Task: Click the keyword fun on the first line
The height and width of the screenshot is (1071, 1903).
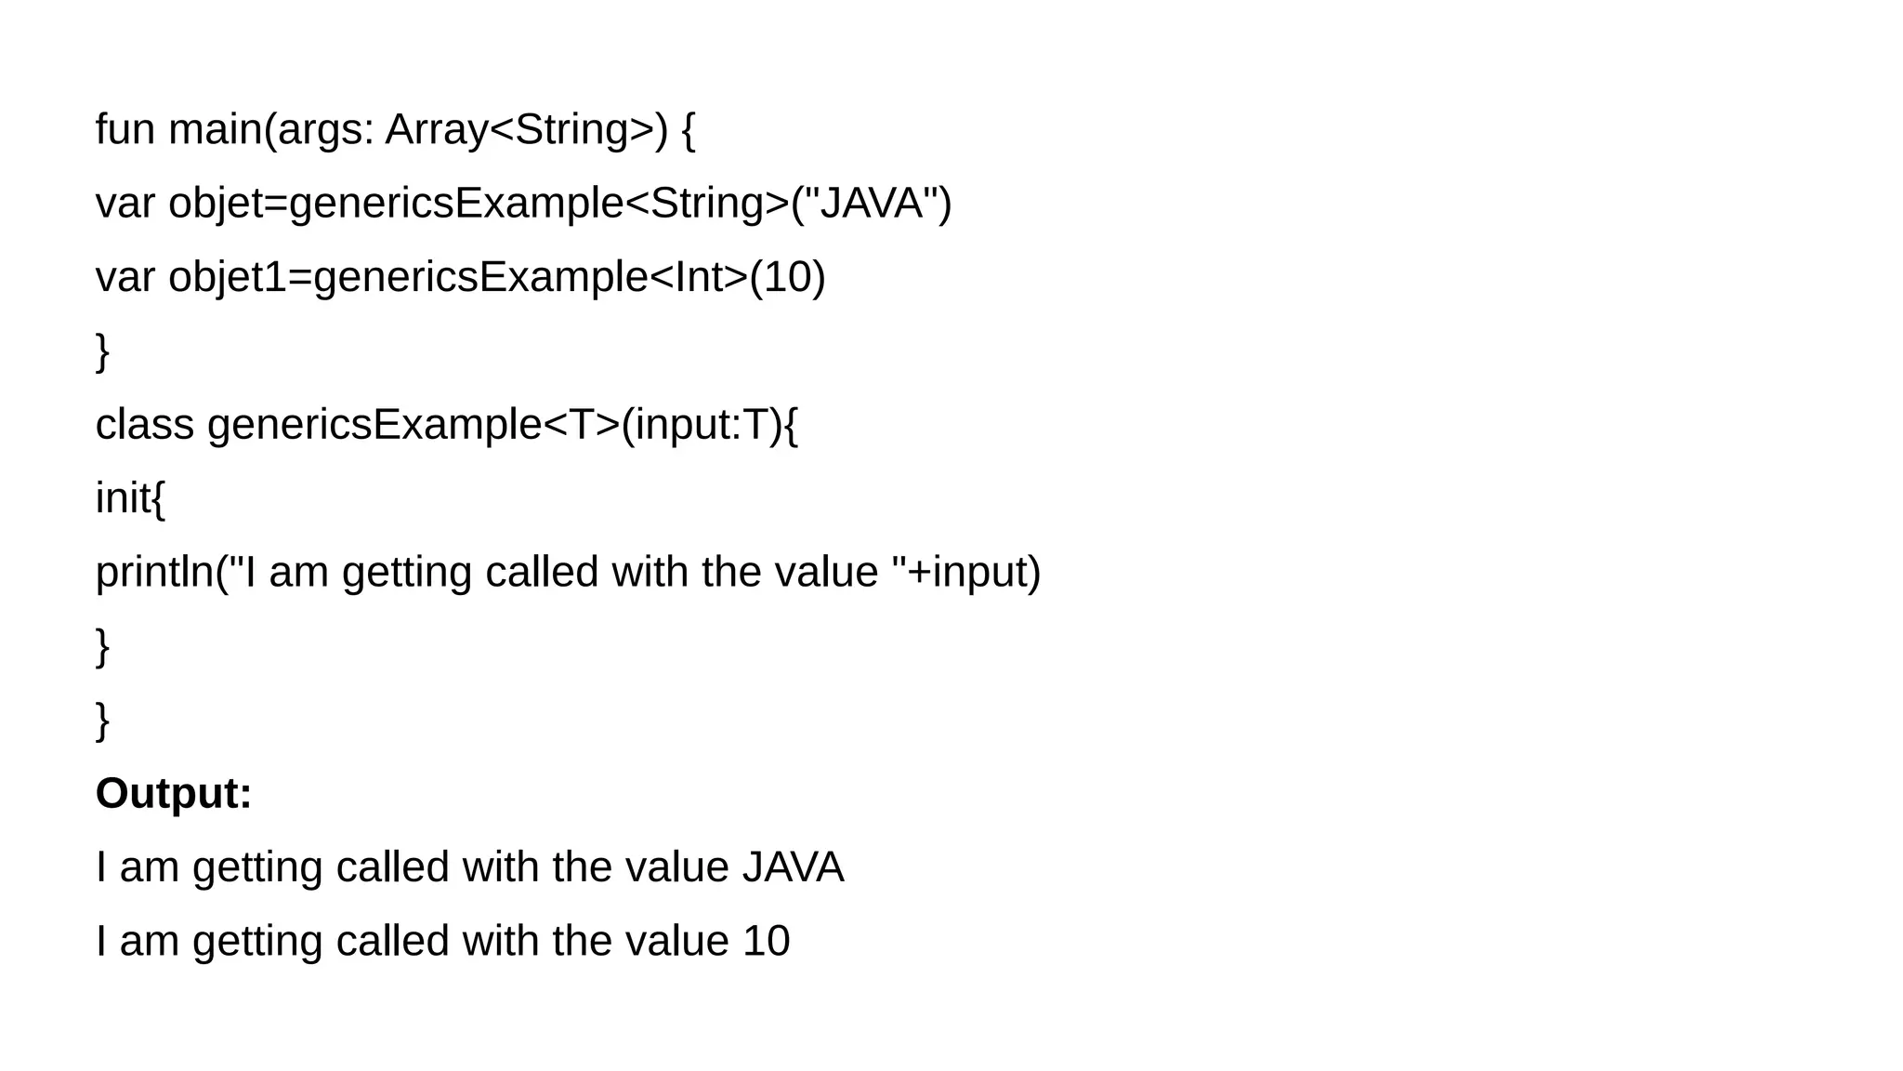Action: [125, 129]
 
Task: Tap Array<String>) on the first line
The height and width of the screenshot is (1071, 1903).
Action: [526, 129]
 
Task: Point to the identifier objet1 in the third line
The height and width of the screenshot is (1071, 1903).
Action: [228, 277]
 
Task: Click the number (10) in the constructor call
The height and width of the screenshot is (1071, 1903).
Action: [787, 277]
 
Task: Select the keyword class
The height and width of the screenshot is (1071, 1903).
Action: [144, 425]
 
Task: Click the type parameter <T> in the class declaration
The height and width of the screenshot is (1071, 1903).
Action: [581, 425]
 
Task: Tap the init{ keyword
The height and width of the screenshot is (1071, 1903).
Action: [130, 498]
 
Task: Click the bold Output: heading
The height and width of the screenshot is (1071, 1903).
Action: [174, 794]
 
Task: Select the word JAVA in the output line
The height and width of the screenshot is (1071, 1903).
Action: [793, 867]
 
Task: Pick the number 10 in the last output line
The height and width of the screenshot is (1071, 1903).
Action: [766, 941]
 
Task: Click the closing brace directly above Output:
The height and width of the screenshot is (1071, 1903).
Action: [103, 721]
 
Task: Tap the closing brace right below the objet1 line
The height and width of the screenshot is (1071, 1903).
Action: [103, 351]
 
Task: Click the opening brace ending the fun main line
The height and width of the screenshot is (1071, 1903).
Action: [688, 129]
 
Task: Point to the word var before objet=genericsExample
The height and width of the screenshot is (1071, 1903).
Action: [125, 203]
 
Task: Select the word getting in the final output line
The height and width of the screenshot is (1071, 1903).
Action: [257, 941]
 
